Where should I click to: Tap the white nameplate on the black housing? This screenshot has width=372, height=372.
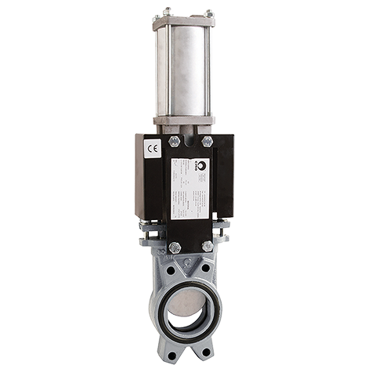coord(190,188)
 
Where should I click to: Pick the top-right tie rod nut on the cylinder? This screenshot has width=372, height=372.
coord(208,12)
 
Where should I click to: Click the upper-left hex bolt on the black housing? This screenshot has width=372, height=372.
coord(174,142)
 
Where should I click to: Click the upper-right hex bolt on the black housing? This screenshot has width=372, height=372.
coord(207,142)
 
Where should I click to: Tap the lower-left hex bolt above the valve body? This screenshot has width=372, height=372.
coord(174,247)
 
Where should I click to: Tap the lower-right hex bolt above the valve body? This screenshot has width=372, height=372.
coord(208,246)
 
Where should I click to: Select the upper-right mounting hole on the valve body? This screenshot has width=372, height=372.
coord(205,268)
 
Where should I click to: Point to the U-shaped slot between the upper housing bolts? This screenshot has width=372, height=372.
coord(190,142)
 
